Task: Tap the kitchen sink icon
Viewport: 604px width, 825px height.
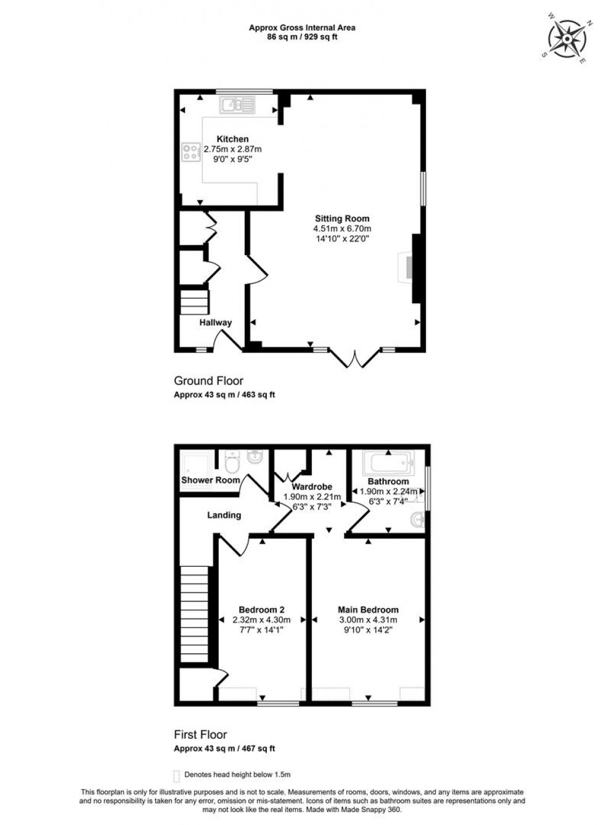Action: tap(236, 105)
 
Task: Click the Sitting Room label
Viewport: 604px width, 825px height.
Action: tap(342, 218)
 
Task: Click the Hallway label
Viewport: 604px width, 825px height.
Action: tap(216, 322)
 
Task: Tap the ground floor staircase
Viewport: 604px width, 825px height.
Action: tap(195, 302)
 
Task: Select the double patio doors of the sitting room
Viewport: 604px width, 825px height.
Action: tap(354, 359)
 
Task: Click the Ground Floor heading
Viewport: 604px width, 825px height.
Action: tap(208, 381)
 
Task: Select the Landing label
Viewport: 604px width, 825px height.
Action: tap(224, 515)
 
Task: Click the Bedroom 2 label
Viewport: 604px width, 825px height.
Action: tap(261, 610)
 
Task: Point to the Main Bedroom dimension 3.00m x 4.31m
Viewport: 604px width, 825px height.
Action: tap(367, 620)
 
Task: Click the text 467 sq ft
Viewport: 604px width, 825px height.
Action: tap(259, 749)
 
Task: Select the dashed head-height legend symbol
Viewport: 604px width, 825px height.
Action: tap(177, 775)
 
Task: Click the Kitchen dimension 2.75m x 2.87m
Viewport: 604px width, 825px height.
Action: tap(232, 149)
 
